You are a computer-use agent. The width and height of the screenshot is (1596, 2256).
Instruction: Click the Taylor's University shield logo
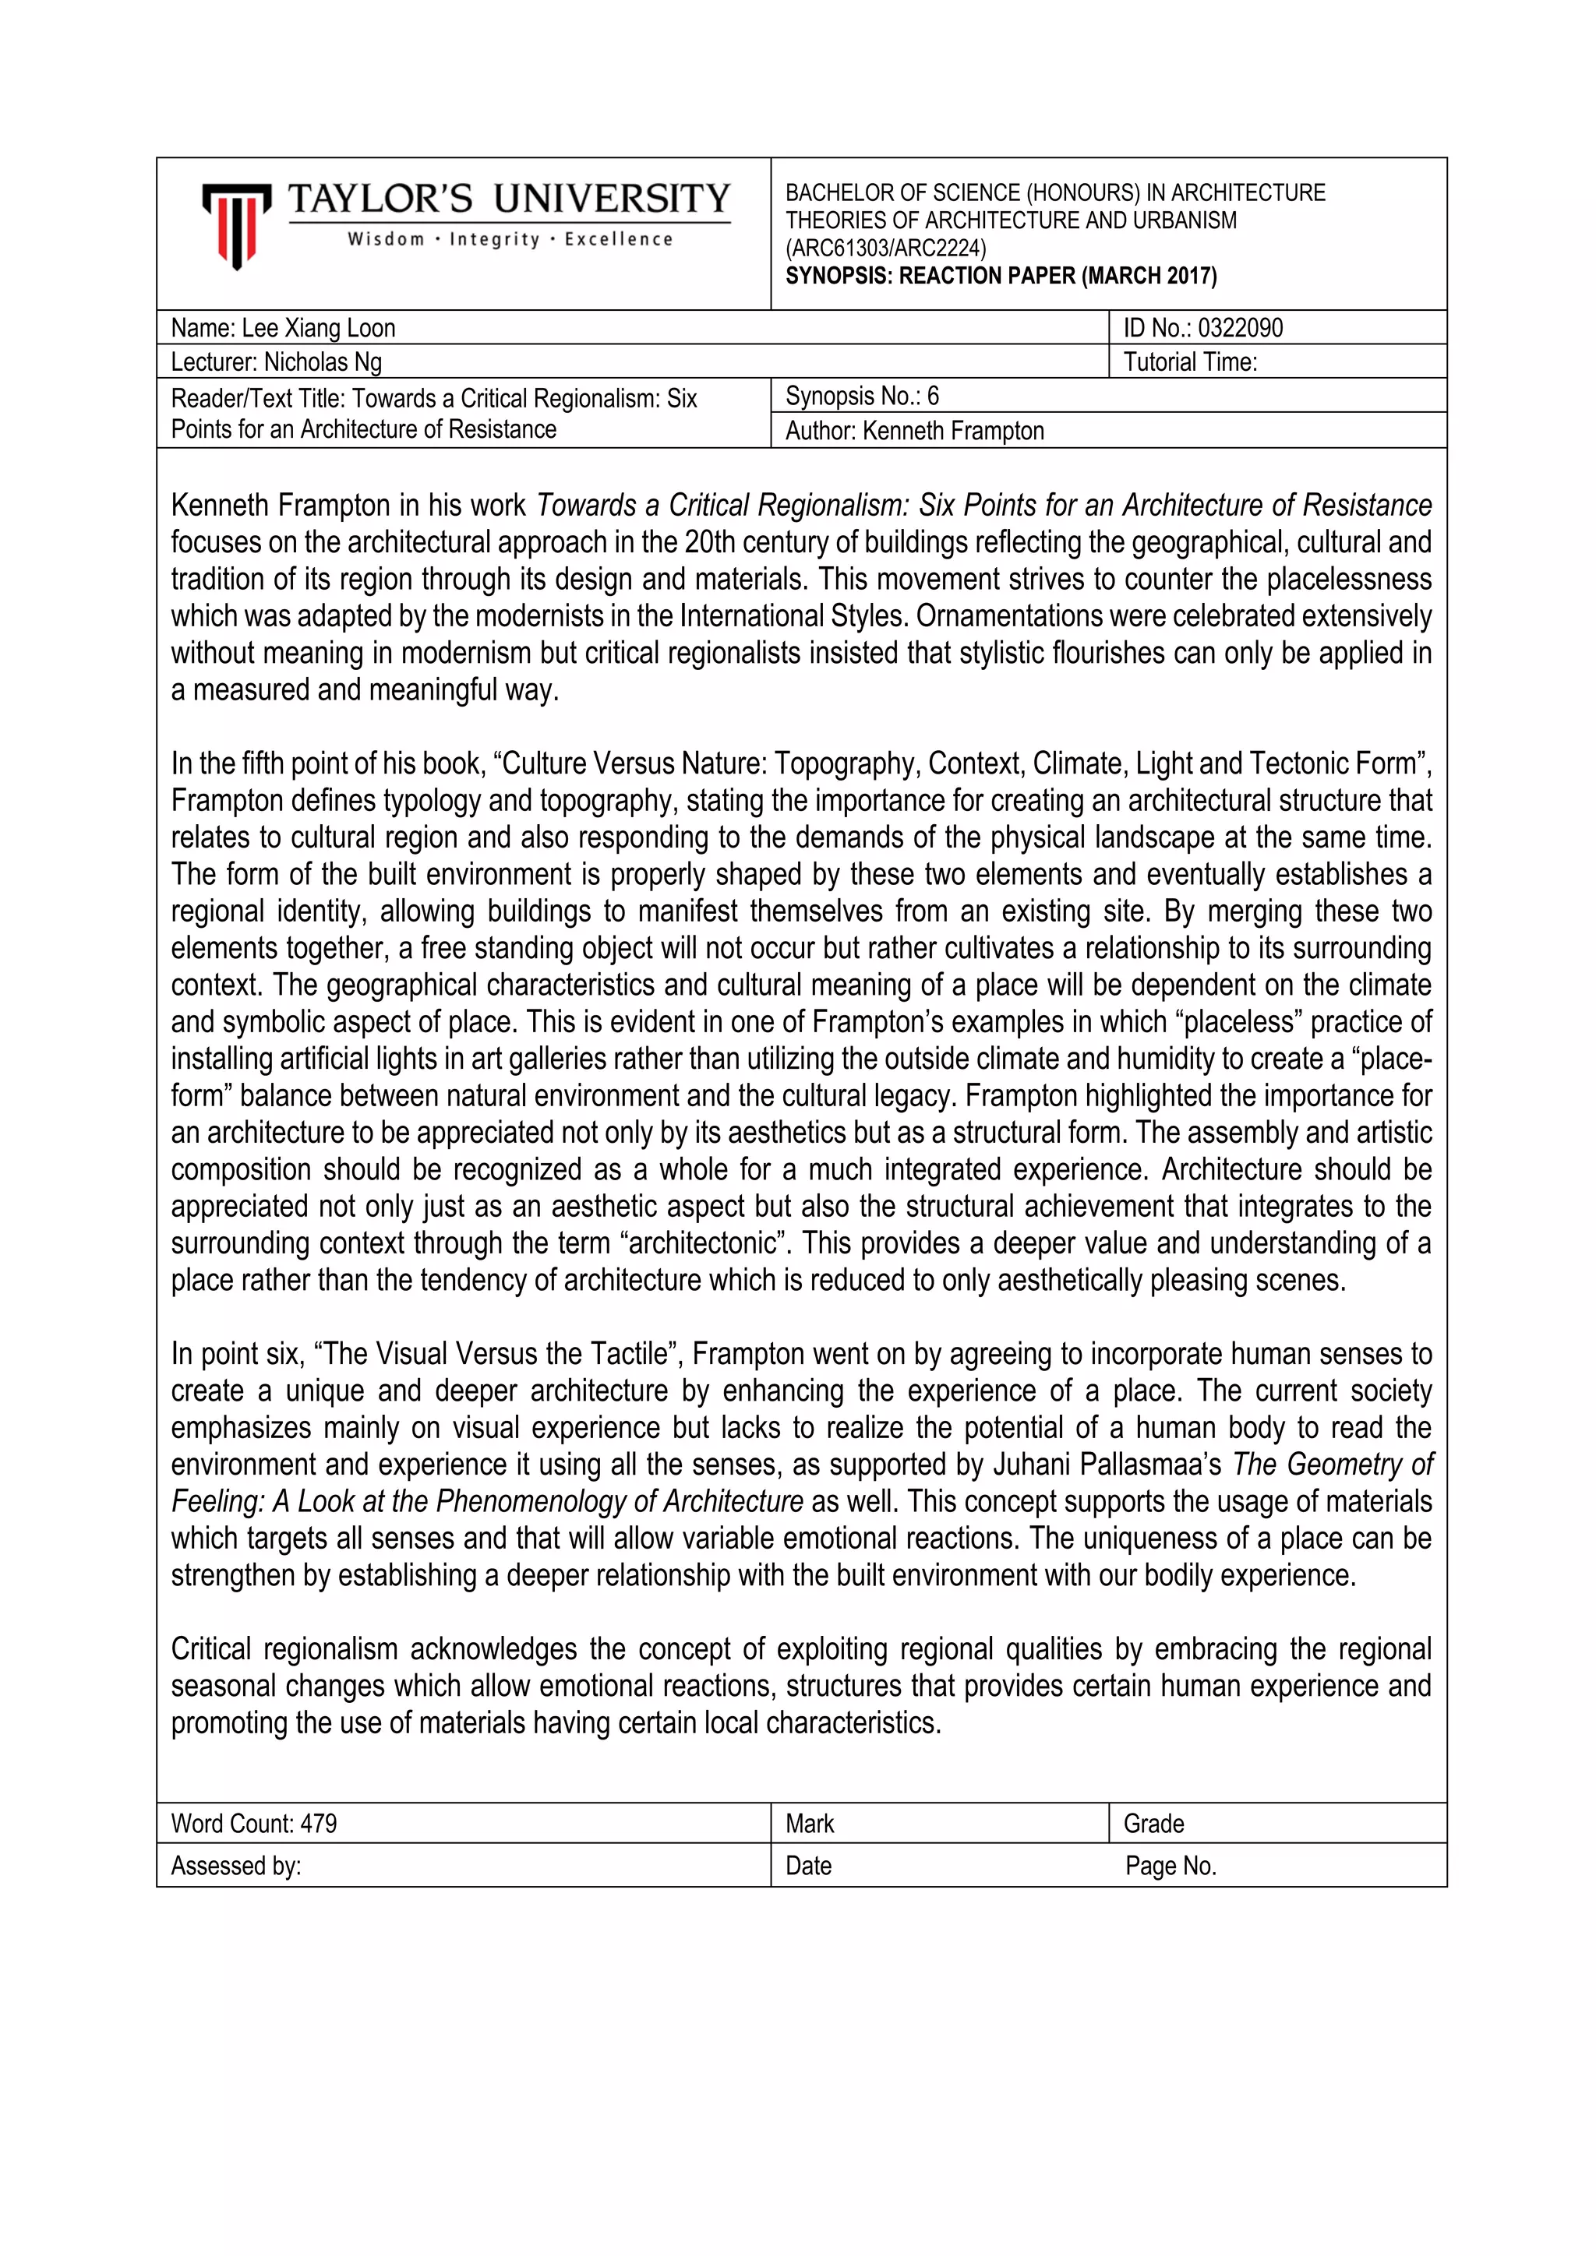point(236,225)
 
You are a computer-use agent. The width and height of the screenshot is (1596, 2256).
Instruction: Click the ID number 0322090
point(1239,328)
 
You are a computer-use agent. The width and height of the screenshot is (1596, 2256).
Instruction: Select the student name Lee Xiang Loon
point(319,328)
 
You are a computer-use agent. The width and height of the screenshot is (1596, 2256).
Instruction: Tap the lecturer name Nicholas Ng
point(323,362)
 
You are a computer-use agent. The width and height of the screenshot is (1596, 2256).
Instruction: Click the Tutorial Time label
point(1190,362)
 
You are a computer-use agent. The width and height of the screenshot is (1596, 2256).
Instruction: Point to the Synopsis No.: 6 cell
point(862,396)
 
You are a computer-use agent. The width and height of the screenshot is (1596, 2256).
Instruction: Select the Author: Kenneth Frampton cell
point(914,430)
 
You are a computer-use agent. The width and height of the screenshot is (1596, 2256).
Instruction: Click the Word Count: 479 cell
point(253,1824)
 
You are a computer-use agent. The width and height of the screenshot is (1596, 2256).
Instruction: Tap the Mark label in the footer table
point(810,1824)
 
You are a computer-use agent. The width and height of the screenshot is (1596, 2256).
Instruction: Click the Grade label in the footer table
point(1154,1824)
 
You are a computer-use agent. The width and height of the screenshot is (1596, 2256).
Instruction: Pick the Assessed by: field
point(236,1866)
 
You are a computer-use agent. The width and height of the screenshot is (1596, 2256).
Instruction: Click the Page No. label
point(1171,1866)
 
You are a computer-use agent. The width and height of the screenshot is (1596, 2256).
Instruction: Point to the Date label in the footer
point(808,1866)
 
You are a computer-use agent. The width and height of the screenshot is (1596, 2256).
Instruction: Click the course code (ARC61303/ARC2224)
point(885,249)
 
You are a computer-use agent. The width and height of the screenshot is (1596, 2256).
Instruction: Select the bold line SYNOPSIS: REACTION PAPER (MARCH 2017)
point(1001,276)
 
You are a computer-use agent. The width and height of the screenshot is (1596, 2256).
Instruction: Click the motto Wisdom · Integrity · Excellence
point(510,240)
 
